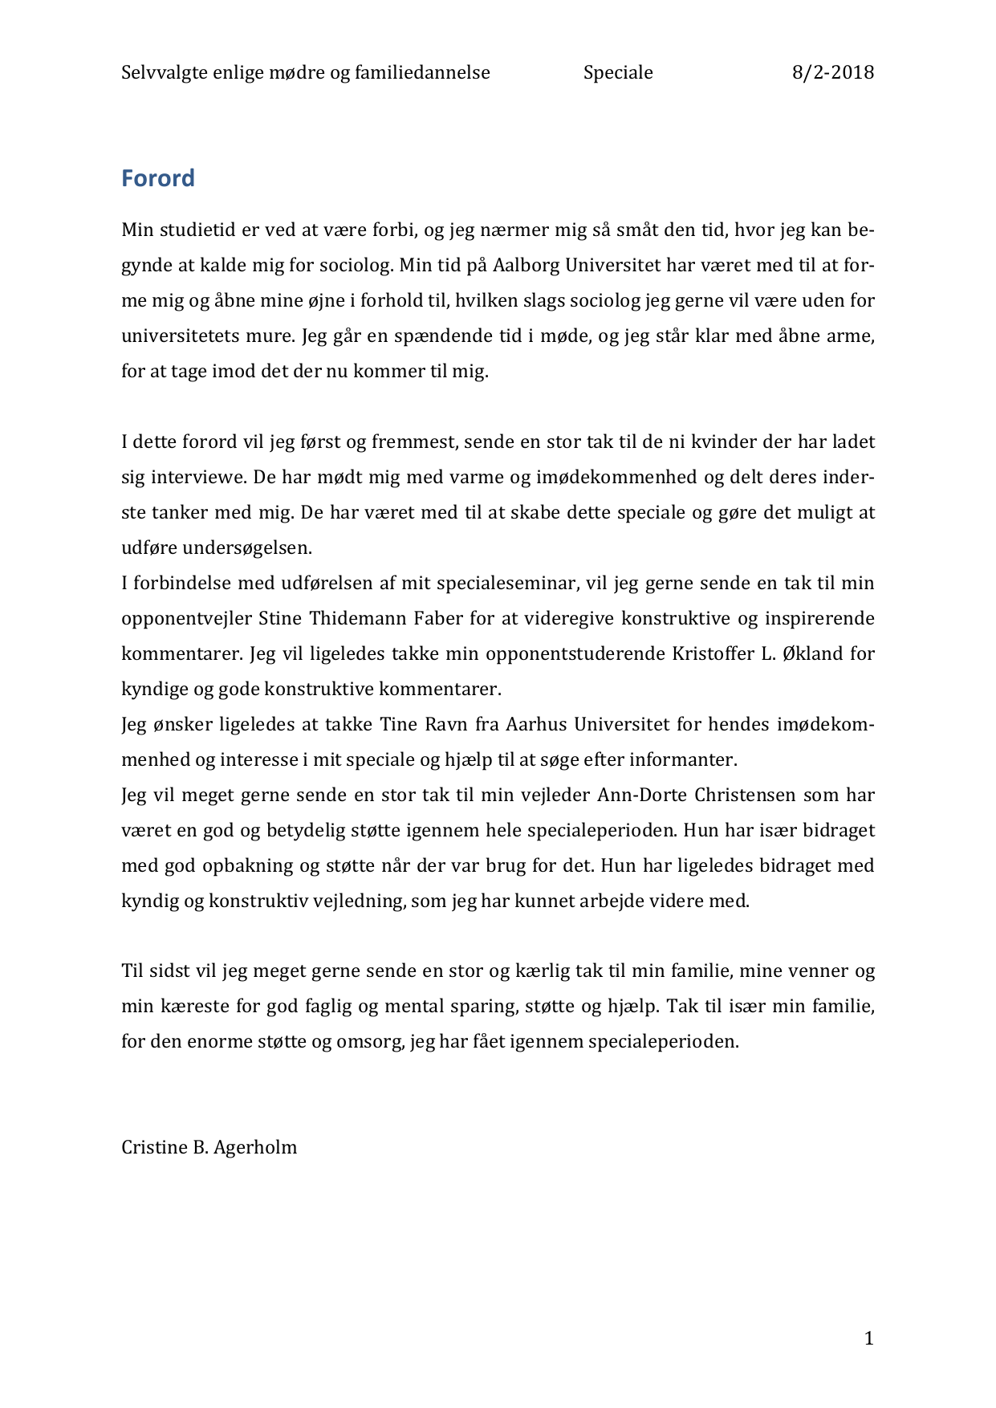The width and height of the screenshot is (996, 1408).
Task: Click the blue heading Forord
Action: pyautogui.click(x=157, y=178)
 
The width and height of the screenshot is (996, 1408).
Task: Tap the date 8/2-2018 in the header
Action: pyautogui.click(x=833, y=73)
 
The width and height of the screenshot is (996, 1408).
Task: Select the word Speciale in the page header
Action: pyautogui.click(x=618, y=73)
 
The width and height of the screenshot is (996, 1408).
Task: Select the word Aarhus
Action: pyautogui.click(x=541, y=725)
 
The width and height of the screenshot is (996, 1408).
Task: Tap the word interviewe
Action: pyautogui.click(x=198, y=478)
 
